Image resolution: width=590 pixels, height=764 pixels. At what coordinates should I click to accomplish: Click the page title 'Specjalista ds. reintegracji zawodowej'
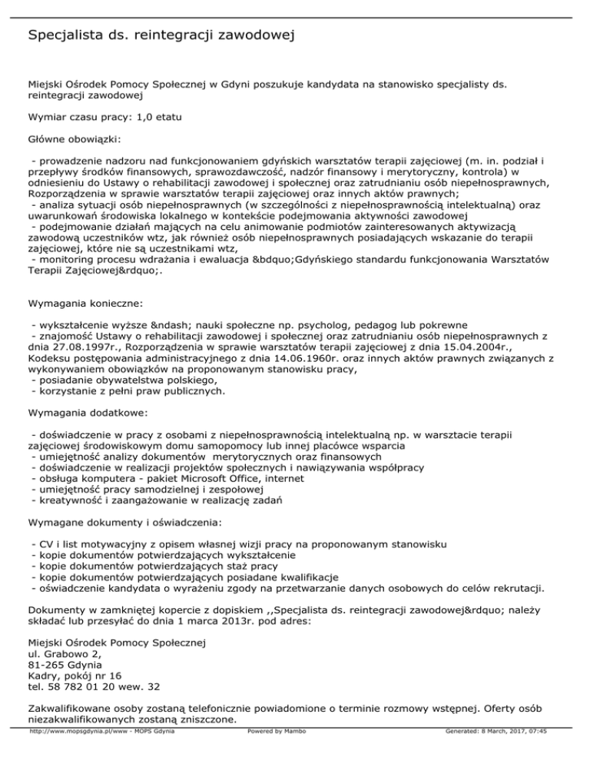(161, 35)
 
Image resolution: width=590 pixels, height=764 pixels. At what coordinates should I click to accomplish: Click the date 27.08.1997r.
(78, 347)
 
